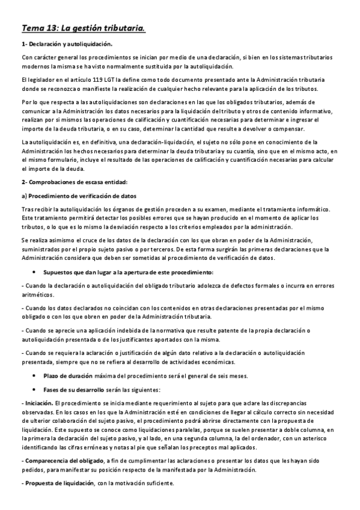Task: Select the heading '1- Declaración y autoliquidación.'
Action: (66, 44)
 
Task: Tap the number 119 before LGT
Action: (87, 79)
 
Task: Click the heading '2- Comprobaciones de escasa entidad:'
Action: (72, 182)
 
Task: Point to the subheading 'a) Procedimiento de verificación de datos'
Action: (78, 196)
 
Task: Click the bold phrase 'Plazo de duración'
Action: (68, 376)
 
